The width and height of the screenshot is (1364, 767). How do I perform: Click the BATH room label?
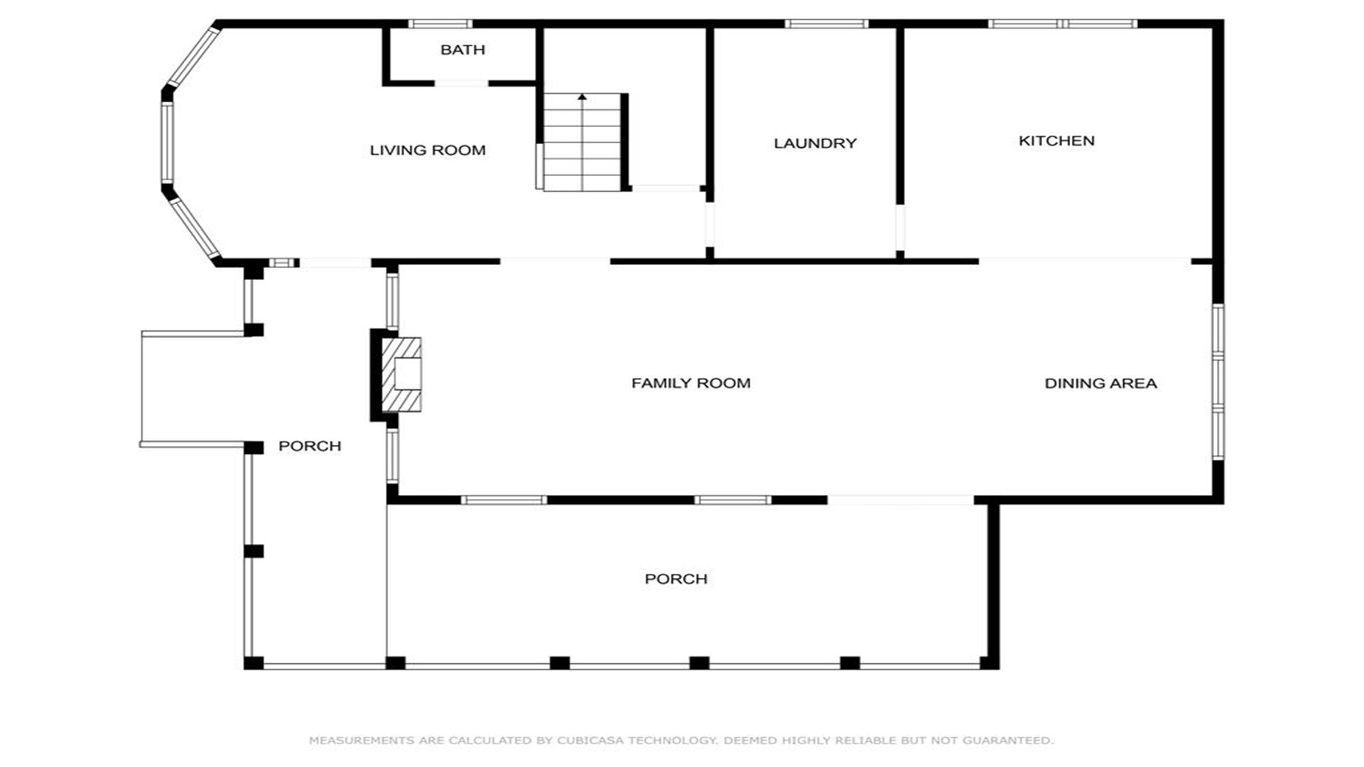tap(462, 50)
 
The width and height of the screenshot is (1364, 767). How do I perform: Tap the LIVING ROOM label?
tap(428, 150)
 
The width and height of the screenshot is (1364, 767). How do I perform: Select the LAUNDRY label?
tap(815, 143)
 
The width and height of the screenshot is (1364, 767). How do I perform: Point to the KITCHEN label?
tap(1056, 141)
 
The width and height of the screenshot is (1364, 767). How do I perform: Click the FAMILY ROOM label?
tap(691, 383)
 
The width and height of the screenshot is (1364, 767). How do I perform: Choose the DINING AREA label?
tap(1100, 383)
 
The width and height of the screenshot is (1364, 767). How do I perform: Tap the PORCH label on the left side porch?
tap(310, 446)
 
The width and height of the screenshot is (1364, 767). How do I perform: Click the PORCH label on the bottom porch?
tap(676, 579)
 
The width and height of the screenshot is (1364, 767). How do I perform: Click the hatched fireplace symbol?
tap(401, 374)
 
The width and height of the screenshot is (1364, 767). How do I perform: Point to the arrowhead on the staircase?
tap(583, 97)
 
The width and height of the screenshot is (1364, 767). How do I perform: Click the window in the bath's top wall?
tap(440, 24)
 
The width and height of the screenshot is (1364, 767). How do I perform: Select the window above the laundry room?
tap(826, 24)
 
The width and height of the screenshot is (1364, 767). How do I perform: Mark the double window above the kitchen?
tap(1063, 24)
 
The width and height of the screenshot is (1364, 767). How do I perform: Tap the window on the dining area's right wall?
tap(1218, 381)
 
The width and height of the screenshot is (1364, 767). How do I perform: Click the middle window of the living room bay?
tap(167, 141)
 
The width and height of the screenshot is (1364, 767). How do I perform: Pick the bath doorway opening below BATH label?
tap(461, 84)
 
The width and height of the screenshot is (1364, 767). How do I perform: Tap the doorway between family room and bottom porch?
tap(900, 500)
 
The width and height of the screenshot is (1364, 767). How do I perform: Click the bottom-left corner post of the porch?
tap(254, 663)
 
